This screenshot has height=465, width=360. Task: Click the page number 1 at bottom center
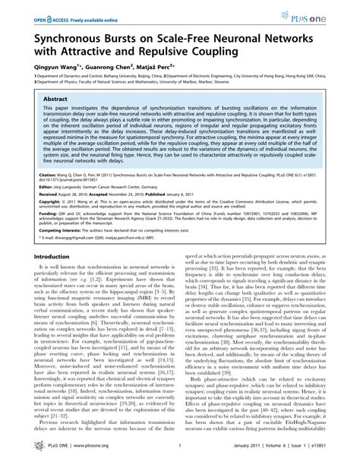click(x=180, y=451)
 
